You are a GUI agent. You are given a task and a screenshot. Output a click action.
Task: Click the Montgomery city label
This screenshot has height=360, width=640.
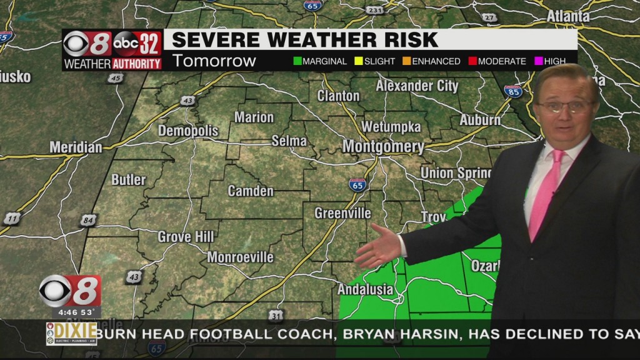[383, 147]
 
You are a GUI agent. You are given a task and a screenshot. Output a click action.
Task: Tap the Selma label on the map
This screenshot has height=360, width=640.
[289, 141]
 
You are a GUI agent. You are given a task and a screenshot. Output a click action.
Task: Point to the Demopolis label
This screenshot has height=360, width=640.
[188, 131]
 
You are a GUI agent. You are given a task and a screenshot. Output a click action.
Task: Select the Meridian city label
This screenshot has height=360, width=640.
[76, 147]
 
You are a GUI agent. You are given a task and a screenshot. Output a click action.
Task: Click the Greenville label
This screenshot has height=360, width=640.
[342, 214]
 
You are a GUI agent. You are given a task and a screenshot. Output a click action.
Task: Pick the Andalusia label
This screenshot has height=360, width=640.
[365, 289]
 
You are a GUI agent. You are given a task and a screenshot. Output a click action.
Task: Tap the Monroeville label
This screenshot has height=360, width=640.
[240, 257]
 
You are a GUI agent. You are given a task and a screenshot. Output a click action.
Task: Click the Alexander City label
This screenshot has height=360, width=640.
[417, 86]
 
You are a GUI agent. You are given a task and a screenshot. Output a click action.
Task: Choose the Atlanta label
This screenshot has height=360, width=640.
[568, 16]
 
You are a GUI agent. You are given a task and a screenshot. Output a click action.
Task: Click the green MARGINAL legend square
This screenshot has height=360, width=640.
[297, 61]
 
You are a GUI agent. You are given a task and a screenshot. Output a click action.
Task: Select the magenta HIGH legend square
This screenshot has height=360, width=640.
[537, 61]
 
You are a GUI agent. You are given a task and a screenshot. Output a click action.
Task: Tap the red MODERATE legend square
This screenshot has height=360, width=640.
[472, 61]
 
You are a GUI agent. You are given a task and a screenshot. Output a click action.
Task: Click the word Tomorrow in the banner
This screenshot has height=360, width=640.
[214, 61]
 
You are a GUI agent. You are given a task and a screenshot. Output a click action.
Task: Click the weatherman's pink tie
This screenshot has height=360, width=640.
[544, 194]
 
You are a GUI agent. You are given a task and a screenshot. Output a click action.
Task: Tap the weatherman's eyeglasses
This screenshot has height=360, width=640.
[564, 106]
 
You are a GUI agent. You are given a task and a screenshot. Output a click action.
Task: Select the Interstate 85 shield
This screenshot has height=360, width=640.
[512, 91]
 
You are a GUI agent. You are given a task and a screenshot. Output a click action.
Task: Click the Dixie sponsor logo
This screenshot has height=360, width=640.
[71, 333]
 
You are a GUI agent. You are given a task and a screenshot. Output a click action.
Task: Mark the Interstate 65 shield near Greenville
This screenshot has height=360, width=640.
[357, 184]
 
